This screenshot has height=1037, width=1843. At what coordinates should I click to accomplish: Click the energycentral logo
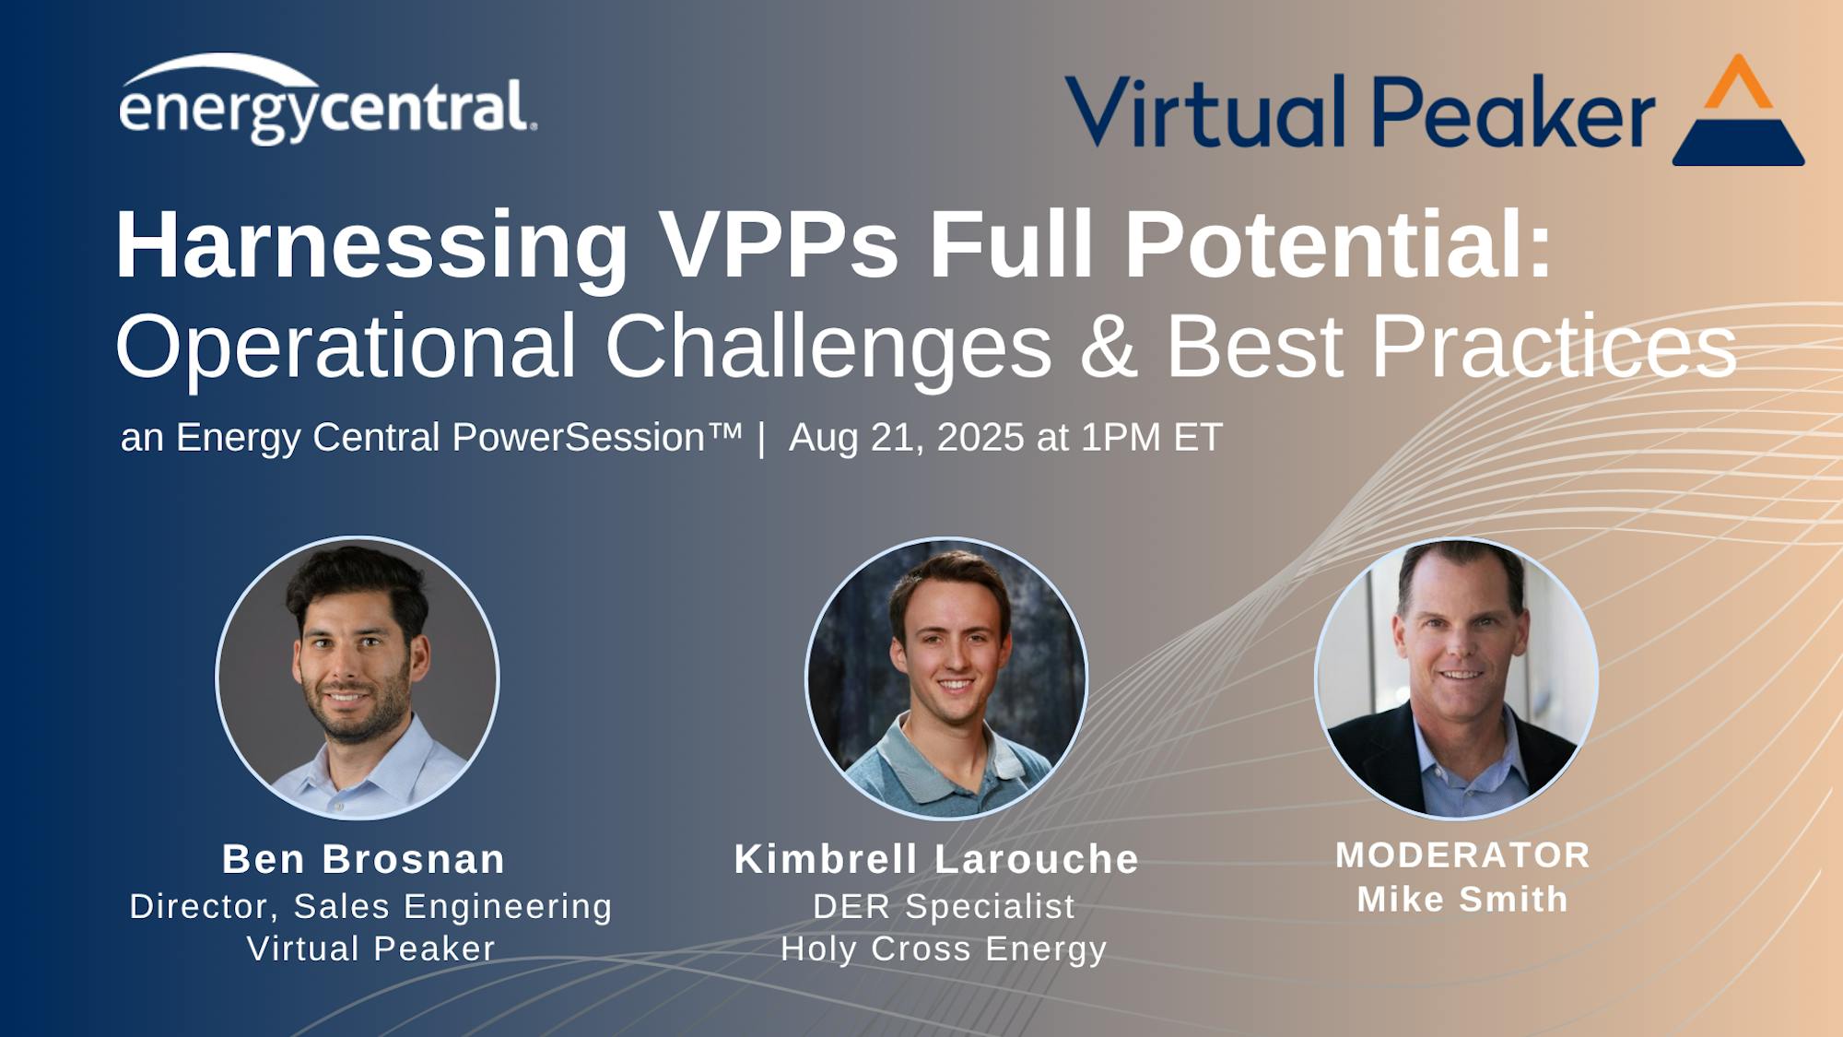327,100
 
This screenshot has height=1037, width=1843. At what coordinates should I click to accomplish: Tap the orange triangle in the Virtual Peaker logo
1738,83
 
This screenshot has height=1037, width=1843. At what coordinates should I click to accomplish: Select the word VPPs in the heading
779,244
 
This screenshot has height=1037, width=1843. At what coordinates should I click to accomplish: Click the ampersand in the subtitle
1109,347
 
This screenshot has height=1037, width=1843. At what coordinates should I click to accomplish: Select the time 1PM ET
1151,437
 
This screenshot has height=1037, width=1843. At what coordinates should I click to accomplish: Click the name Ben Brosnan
363,859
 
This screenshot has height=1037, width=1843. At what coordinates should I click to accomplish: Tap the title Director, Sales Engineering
370,906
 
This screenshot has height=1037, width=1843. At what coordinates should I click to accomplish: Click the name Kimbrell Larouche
937,859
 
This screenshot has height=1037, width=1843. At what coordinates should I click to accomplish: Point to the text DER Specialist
944,906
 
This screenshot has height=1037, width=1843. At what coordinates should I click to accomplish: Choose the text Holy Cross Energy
944,949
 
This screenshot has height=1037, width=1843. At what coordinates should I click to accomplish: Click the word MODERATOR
1463,855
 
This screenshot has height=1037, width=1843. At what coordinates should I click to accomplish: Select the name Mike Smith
1462,899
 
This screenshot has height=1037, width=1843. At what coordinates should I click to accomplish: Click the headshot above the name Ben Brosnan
358,678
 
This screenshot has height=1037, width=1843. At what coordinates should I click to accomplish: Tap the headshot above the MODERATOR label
1456,678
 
